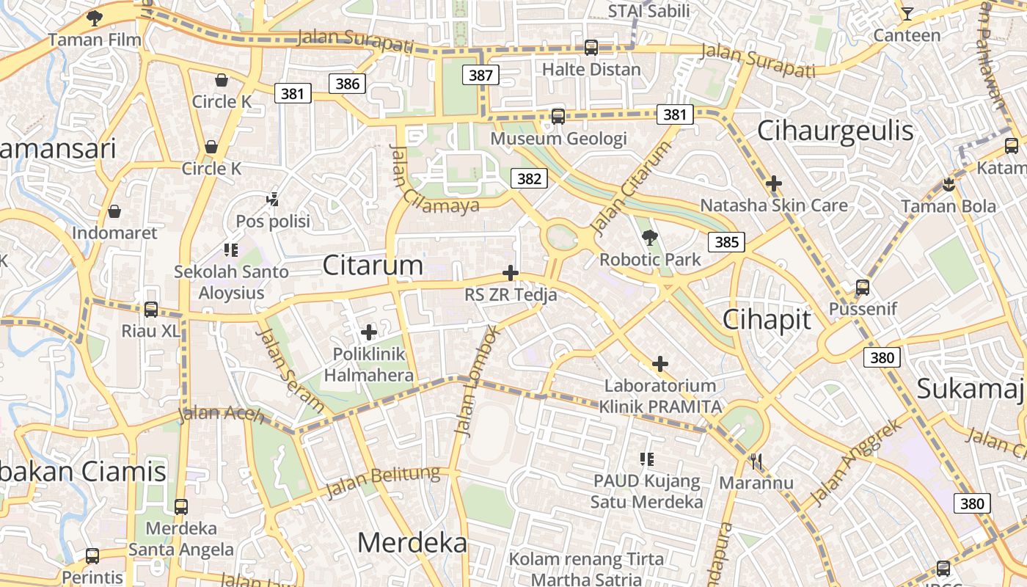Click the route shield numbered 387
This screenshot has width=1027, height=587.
[480, 75]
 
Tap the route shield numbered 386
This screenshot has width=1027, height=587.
[348, 84]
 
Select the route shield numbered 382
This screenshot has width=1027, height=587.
[529, 178]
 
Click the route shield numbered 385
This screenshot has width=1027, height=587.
[726, 241]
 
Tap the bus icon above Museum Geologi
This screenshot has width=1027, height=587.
[558, 116]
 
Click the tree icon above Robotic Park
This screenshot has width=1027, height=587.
[649, 237]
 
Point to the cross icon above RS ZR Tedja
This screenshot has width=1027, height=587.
[511, 274]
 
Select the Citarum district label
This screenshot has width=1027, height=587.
[373, 265]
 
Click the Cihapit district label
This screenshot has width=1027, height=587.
[767, 319]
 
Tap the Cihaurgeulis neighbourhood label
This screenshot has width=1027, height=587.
[835, 131]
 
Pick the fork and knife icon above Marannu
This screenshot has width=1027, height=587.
[756, 461]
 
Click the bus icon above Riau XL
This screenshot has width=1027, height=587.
[150, 309]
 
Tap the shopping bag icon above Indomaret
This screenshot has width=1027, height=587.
[114, 211]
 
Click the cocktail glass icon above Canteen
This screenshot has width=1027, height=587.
[907, 13]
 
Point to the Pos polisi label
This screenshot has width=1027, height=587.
[273, 221]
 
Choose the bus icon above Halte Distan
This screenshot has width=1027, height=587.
[591, 48]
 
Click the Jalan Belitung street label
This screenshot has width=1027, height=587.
[384, 481]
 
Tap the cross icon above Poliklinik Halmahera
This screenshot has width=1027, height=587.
[369, 332]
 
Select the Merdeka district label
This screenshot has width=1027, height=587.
[412, 542]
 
